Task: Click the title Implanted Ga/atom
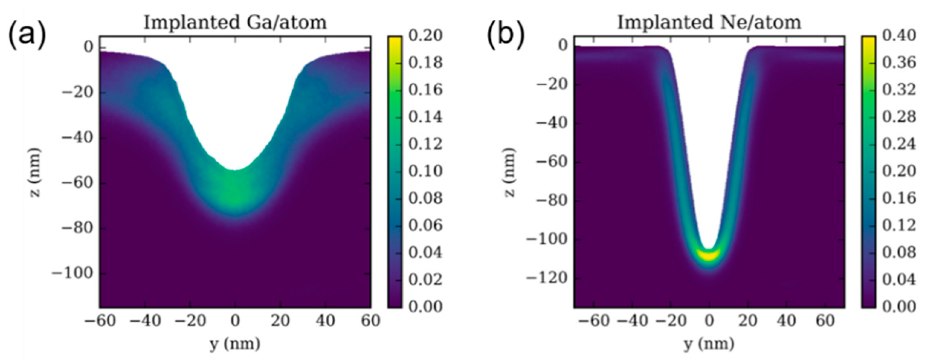tap(235, 22)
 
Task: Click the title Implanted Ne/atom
tap(709, 22)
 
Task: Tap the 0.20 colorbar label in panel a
tap(425, 36)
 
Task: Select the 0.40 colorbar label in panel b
tap(899, 36)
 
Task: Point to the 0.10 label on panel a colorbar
tap(425, 171)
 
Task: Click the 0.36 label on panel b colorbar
tap(899, 63)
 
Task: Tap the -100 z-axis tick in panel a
tap(72, 274)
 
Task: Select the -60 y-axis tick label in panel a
tap(100, 321)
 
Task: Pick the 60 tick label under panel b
tap(825, 321)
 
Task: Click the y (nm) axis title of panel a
tap(235, 344)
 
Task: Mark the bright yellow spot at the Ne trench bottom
tap(709, 256)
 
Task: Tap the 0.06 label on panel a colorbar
tap(425, 225)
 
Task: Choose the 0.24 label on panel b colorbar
tap(899, 144)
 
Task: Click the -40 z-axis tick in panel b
tap(550, 123)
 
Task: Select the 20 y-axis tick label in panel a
tap(280, 321)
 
